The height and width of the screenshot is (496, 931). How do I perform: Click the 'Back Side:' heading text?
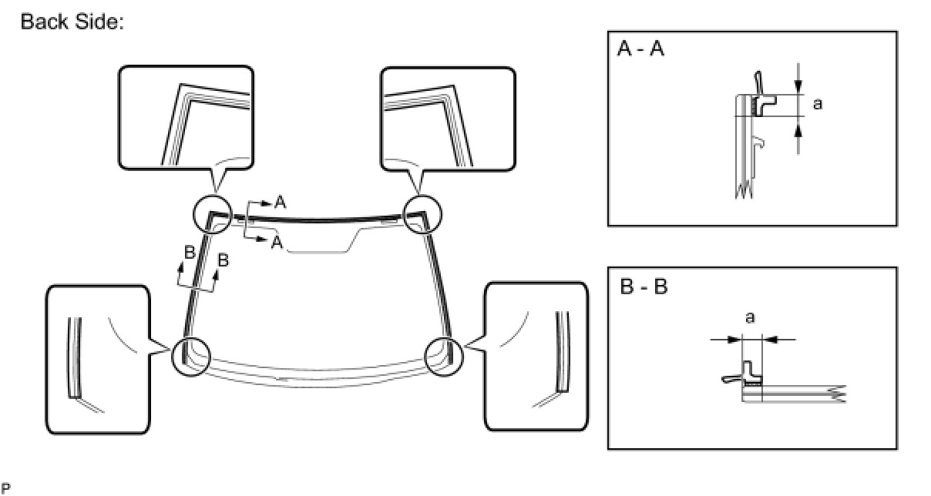pos(72,22)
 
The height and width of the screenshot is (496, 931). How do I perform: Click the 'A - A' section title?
pos(641,51)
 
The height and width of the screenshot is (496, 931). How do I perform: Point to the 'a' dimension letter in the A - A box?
pos(817,103)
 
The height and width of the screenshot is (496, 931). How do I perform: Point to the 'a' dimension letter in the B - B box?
pos(750,317)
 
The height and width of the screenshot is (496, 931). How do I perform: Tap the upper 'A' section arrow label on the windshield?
pos(280,203)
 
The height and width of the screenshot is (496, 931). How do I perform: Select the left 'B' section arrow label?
pos(187,252)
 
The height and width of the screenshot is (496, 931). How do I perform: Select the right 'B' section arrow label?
pos(223,260)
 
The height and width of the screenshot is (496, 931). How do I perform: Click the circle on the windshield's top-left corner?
pos(212,213)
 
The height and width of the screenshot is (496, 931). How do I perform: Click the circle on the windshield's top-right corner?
pos(422,212)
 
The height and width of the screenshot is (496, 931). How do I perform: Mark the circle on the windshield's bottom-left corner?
pos(190,356)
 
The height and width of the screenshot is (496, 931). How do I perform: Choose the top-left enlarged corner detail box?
pos(186,117)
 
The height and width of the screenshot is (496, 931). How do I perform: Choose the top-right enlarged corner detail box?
pos(448,117)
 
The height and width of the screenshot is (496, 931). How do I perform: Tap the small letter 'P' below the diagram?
pos(5,487)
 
